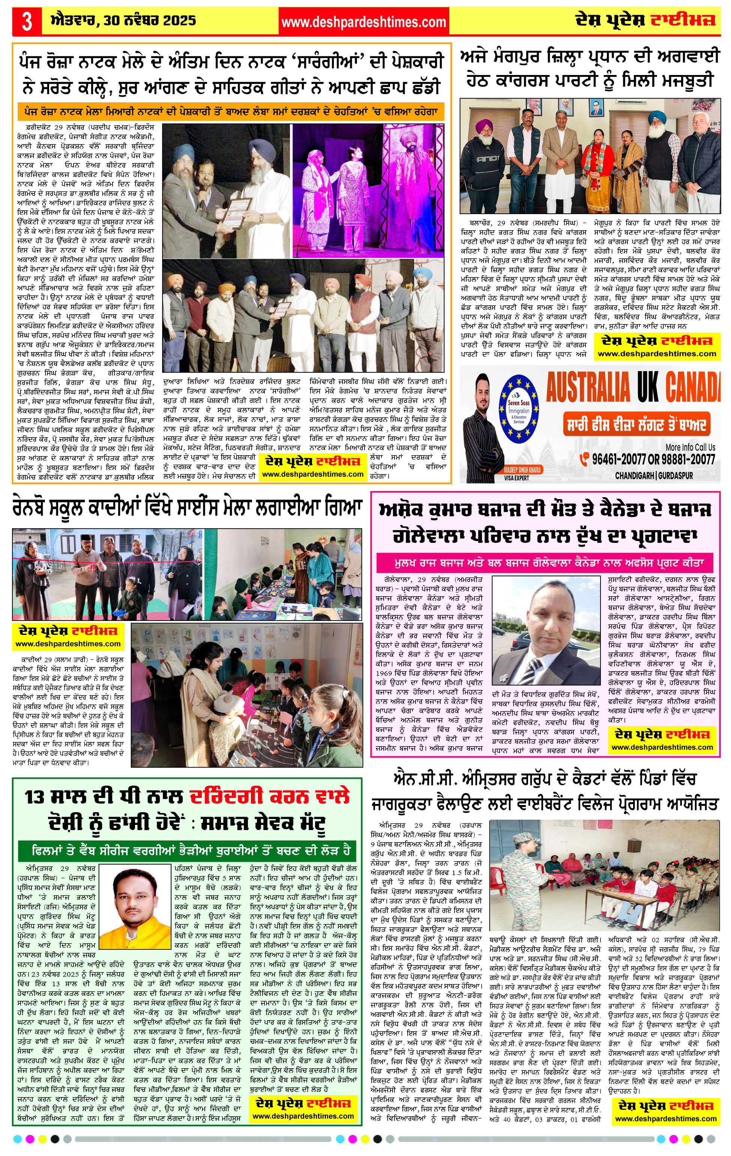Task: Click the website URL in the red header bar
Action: point(363,22)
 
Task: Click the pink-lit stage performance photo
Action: point(368,191)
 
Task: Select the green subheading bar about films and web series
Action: point(191,850)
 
